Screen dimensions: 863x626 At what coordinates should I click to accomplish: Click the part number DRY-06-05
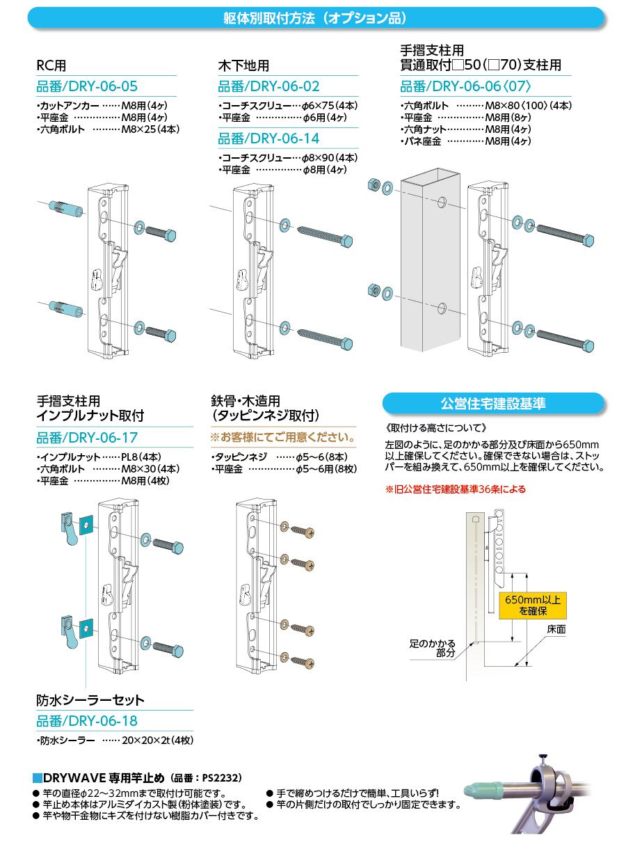pyautogui.click(x=87, y=87)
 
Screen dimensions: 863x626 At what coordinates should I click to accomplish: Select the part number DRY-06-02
pyautogui.click(x=269, y=87)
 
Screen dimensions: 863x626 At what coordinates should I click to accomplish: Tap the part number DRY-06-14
pyautogui.click(x=269, y=139)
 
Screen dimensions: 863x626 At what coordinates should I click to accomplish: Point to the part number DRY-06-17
pyautogui.click(x=87, y=438)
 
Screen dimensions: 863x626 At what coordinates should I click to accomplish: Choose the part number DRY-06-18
pyautogui.click(x=87, y=721)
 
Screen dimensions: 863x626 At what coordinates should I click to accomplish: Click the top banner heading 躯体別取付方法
pyautogui.click(x=315, y=17)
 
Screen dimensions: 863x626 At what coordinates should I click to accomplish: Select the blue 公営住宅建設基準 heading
pyautogui.click(x=493, y=404)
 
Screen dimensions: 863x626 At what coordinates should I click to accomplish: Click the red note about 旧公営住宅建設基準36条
pyautogui.click(x=456, y=489)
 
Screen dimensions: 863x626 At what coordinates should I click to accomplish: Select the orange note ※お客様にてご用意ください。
pyautogui.click(x=283, y=438)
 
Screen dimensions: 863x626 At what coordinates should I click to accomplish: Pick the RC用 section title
pyautogui.click(x=51, y=66)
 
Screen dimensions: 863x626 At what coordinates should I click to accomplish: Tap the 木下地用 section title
pyautogui.click(x=243, y=66)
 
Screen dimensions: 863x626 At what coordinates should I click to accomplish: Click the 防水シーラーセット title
pyautogui.click(x=90, y=700)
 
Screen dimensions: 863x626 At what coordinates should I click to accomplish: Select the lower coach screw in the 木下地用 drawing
pyautogui.click(x=323, y=338)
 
